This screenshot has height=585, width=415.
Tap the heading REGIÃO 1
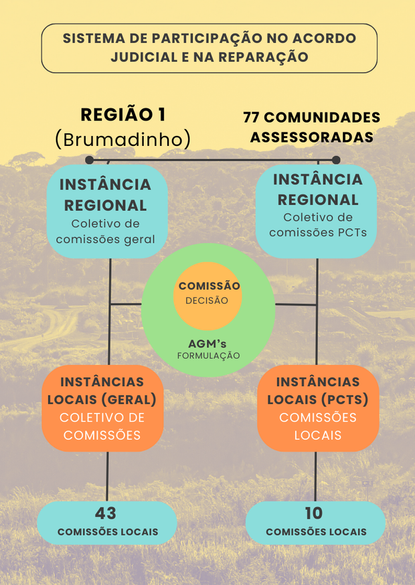[x=122, y=114]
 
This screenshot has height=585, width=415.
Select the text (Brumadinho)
[x=122, y=139]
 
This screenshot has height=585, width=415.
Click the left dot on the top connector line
[x=89, y=160]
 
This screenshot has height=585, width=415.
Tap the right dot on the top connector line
[x=336, y=160]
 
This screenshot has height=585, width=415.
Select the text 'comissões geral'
[x=105, y=239]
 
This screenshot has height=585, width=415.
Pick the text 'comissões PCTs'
[x=318, y=232]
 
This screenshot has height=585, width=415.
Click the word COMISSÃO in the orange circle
[x=209, y=286]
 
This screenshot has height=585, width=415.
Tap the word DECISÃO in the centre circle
[x=207, y=301]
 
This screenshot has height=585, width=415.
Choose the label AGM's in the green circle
[x=208, y=342]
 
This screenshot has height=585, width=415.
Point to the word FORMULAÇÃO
[x=208, y=355]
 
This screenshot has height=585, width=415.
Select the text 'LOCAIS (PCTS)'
[x=317, y=400]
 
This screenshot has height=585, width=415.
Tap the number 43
[x=106, y=513]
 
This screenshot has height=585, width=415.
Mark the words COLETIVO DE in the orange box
[x=102, y=418]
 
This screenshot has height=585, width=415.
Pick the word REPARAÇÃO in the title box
[x=276, y=57]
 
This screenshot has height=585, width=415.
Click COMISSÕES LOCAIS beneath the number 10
[x=316, y=532]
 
